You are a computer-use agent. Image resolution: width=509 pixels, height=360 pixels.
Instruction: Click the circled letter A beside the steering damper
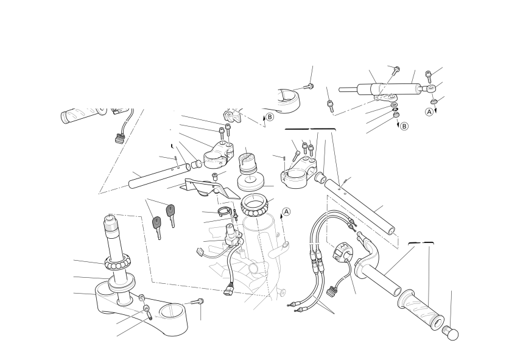[x=429, y=111]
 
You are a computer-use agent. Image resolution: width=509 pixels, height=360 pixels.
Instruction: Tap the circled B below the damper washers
[x=404, y=126]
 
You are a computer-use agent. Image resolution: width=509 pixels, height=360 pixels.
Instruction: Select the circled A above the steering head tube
[x=286, y=212]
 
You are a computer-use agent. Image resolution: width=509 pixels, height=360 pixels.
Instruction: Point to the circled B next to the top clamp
[x=270, y=117]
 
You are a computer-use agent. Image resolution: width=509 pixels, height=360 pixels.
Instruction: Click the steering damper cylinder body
[x=390, y=89]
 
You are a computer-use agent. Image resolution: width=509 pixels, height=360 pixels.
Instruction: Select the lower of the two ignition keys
[x=157, y=227]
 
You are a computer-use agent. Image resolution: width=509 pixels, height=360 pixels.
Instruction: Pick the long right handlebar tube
[x=360, y=206]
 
